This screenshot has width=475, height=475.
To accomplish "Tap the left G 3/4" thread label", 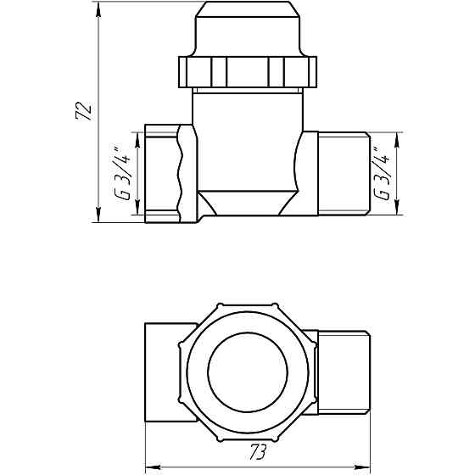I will tap(123, 175).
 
